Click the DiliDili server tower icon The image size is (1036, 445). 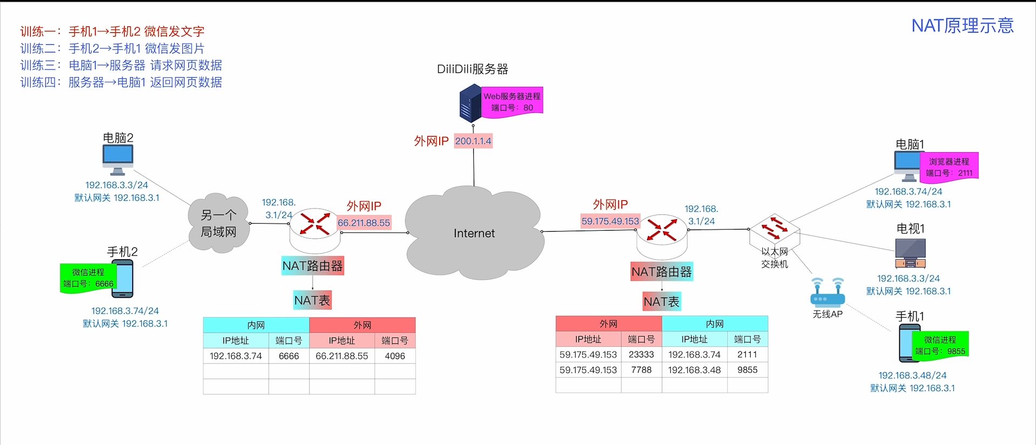pyautogui.click(x=470, y=104)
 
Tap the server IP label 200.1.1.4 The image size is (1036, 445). pyautogui.click(x=473, y=141)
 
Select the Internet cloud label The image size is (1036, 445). pyautogui.click(x=474, y=233)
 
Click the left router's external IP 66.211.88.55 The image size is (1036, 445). pyautogui.click(x=364, y=223)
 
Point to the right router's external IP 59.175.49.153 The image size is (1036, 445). pyautogui.click(x=610, y=221)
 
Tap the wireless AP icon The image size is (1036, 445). pyautogui.click(x=827, y=292)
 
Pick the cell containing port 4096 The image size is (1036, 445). pyautogui.click(x=395, y=356)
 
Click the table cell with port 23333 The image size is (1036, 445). pyautogui.click(x=641, y=354)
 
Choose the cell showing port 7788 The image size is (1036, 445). pyautogui.click(x=641, y=370)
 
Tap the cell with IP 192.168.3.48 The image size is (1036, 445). pyautogui.click(x=694, y=370)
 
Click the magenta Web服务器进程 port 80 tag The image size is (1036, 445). pyautogui.click(x=512, y=102)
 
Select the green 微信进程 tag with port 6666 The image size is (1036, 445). pyautogui.click(x=88, y=278)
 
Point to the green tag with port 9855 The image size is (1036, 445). pyautogui.click(x=940, y=345)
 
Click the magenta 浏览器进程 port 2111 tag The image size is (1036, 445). pyautogui.click(x=949, y=167)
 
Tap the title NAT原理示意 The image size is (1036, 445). pyautogui.click(x=963, y=25)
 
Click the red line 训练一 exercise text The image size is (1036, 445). pyautogui.click(x=112, y=31)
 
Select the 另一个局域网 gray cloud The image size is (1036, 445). pyautogui.click(x=219, y=223)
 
